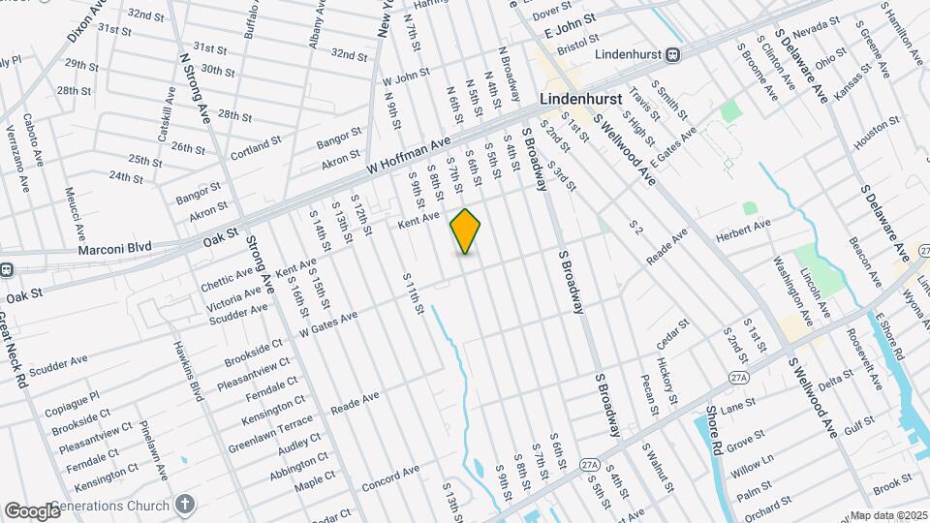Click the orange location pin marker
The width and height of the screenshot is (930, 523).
coord(466,231)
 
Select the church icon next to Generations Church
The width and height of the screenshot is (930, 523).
coord(185,505)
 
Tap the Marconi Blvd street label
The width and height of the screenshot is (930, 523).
coord(117,247)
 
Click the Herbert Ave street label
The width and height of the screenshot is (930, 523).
coord(743,224)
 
